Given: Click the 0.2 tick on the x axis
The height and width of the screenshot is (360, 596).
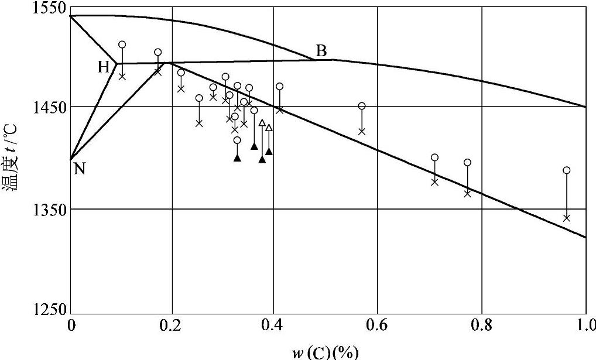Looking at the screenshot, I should [172, 324].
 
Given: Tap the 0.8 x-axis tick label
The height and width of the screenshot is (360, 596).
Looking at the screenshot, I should [481, 324].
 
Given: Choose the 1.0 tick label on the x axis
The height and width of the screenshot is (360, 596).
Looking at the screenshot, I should [585, 324].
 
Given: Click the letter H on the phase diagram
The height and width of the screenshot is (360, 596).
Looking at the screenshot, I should [104, 67].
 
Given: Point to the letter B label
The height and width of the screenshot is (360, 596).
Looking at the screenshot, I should [321, 51].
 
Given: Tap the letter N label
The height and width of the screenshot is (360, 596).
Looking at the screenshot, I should [80, 169].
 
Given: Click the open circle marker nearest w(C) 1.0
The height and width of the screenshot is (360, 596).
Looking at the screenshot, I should [566, 170].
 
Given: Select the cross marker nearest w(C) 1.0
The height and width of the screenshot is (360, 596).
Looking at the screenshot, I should [566, 218].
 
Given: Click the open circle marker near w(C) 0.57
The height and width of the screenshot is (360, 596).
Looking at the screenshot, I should [362, 106].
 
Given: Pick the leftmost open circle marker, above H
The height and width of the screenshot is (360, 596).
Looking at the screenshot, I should [122, 44].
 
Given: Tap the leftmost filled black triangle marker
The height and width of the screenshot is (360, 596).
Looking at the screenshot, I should [237, 157].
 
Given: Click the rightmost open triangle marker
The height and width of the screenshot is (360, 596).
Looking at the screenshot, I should [269, 128].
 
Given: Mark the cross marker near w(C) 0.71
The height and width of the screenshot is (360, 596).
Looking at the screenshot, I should [434, 182].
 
